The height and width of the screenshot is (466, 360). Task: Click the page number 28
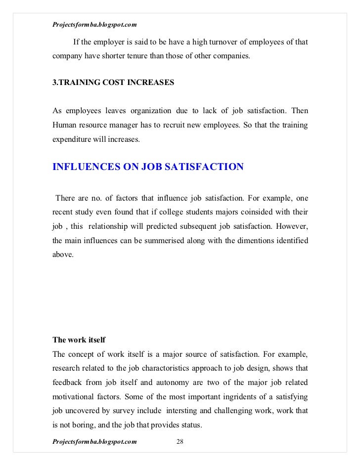tap(180, 441)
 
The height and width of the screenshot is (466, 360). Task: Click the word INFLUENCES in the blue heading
tap(84, 167)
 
